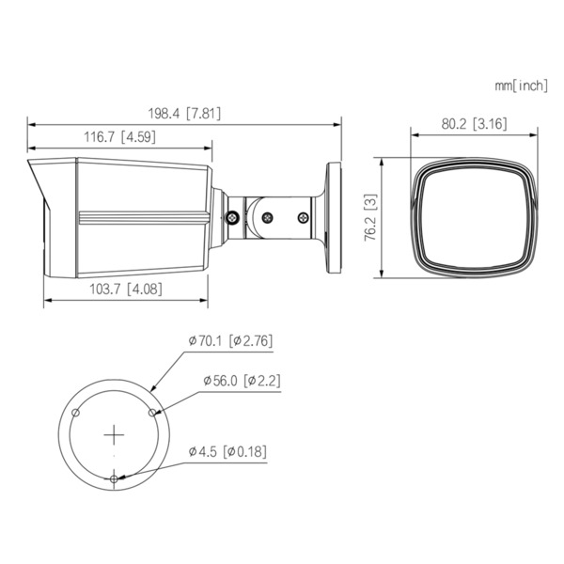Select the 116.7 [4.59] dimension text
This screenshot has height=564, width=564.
(x=120, y=137)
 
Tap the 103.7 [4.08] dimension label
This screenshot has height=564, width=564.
(x=127, y=289)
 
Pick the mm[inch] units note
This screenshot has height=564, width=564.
(x=520, y=86)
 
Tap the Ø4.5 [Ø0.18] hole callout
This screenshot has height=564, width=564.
(x=227, y=451)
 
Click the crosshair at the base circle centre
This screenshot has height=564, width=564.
(x=114, y=435)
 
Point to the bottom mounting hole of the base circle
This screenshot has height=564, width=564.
(x=114, y=478)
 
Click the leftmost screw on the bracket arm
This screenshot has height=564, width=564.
(x=232, y=217)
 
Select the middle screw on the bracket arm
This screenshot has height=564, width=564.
(x=267, y=217)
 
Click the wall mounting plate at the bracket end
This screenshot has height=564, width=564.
(x=333, y=218)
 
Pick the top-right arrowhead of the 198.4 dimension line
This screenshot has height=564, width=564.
(x=337, y=122)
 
